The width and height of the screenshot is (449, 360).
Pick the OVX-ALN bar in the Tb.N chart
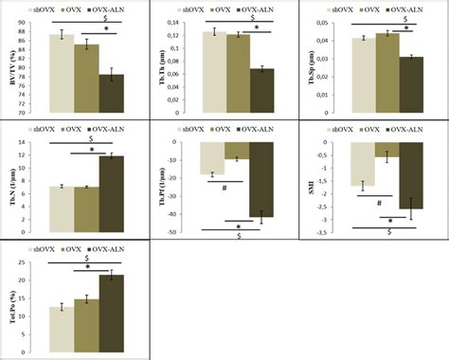coord(111,194)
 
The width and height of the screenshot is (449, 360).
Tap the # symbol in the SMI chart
coord(378,203)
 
